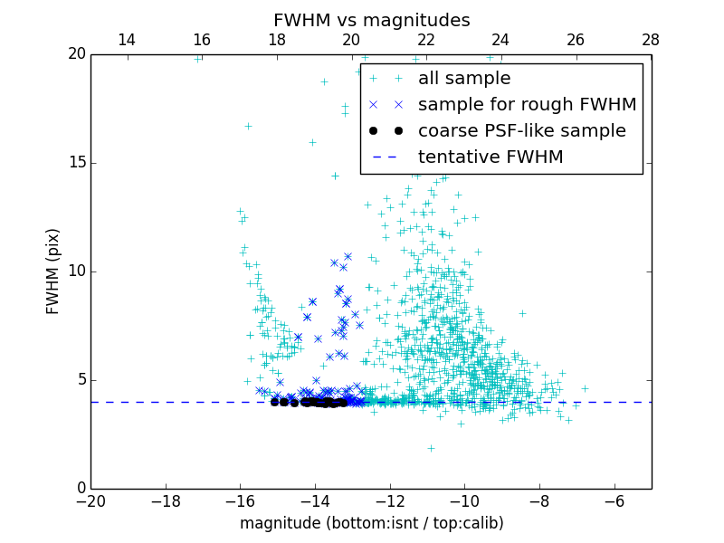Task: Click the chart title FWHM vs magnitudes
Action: [x=371, y=20]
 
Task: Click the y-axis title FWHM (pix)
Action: [x=53, y=271]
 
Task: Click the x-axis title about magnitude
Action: [x=371, y=523]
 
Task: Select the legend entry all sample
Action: [x=463, y=79]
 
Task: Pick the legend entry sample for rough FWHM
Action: [x=527, y=105]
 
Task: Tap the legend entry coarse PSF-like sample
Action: [x=521, y=131]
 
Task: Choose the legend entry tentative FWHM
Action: [x=490, y=157]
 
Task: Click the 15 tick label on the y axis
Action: [x=76, y=163]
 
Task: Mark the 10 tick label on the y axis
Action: [x=76, y=271]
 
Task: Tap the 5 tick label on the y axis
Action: [x=80, y=380]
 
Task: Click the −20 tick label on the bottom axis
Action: [x=90, y=500]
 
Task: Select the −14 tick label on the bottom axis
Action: [x=315, y=500]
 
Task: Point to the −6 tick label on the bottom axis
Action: [x=614, y=500]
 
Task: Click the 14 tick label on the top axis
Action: [x=128, y=40]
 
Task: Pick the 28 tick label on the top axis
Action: [x=651, y=40]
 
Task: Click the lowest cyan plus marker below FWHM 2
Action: [x=431, y=448]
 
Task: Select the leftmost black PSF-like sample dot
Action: [x=274, y=402]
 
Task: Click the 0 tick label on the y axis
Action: [x=80, y=489]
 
